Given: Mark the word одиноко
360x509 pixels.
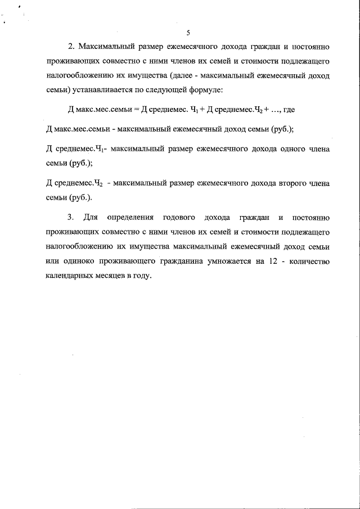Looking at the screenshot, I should tap(80, 262).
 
